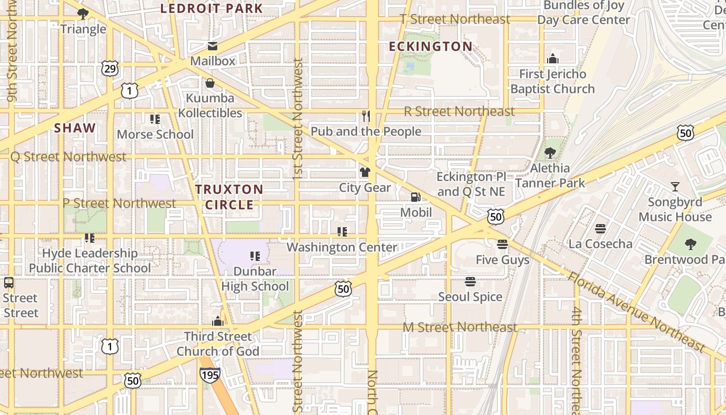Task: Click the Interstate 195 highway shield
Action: click(210, 375)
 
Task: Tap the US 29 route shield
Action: click(110, 68)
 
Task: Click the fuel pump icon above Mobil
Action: click(415, 197)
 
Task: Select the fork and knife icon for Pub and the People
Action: click(366, 116)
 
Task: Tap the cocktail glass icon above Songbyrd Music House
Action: click(675, 186)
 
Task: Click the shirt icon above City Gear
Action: click(365, 172)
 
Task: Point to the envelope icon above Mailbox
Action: click(213, 46)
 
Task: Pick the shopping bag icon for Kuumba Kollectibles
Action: click(210, 83)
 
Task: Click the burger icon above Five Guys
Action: click(502, 244)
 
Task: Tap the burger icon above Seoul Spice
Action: click(470, 282)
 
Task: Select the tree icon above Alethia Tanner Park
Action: click(550, 153)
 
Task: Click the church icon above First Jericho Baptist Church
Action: click(553, 59)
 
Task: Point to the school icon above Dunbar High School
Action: click(255, 256)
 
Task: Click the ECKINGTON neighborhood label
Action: click(430, 47)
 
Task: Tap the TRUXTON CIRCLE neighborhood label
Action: click(229, 197)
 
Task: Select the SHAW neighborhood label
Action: click(75, 128)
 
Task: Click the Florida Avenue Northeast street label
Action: click(636, 311)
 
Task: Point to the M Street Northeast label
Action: click(460, 327)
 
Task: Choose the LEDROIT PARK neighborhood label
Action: click(212, 8)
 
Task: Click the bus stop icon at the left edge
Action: click(9, 283)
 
